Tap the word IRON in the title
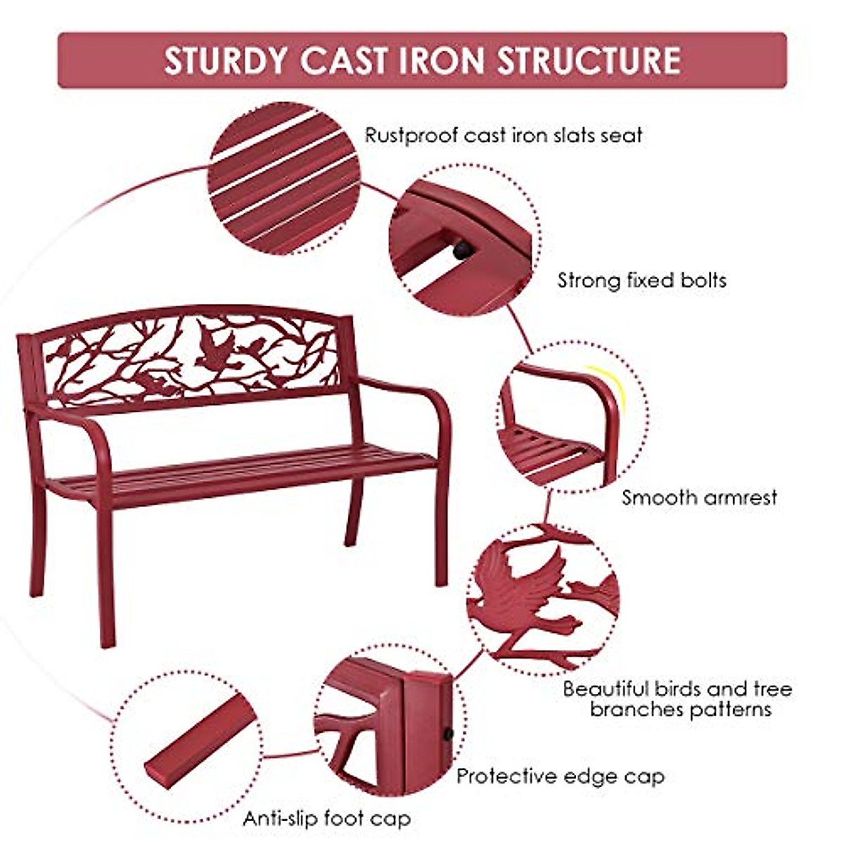[x=441, y=61]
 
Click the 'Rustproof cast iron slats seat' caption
[x=503, y=135]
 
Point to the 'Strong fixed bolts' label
[x=641, y=281]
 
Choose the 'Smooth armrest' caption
[x=699, y=498]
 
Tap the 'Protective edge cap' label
[x=560, y=776]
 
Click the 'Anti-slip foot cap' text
[x=327, y=819]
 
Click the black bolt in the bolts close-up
[x=462, y=250]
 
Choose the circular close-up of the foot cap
[x=186, y=746]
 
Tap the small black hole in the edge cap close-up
[x=447, y=735]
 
